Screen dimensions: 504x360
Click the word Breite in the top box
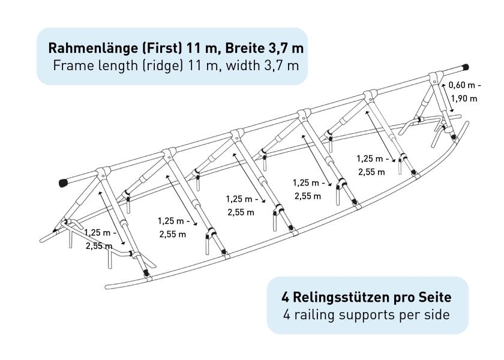point(244,48)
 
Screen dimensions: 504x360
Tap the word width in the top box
point(242,65)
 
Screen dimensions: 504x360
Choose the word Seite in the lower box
point(435,298)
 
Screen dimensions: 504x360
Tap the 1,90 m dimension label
point(464,98)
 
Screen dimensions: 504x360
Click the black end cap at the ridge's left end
point(64,183)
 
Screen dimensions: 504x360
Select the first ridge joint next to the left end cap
point(103,173)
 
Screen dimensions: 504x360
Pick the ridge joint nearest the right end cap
point(434,77)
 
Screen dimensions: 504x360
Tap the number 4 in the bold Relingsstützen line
point(286,298)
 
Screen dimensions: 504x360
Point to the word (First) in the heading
point(163,48)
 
